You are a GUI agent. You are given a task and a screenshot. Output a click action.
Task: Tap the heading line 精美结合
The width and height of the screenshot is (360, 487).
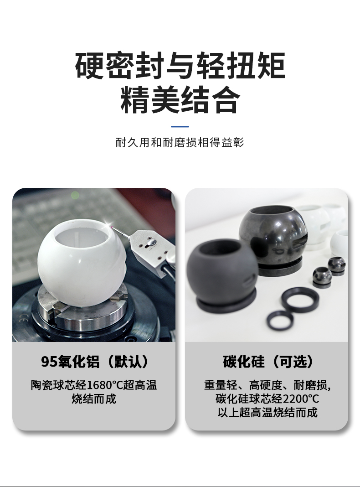point(180,101)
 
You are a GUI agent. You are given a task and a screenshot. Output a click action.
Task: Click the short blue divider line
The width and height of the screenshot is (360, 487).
point(180,126)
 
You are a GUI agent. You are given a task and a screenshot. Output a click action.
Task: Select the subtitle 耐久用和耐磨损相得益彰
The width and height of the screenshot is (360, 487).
point(180,143)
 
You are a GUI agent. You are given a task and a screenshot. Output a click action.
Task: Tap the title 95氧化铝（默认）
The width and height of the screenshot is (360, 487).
point(94,362)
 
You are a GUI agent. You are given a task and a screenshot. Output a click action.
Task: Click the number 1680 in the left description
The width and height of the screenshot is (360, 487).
point(100,385)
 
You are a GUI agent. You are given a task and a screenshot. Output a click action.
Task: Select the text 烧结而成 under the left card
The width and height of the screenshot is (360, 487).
point(94,399)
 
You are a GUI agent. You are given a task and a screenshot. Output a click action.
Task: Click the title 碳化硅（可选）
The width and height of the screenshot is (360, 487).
point(267,362)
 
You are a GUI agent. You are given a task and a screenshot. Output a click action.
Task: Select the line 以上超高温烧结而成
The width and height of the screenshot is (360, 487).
point(267,413)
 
